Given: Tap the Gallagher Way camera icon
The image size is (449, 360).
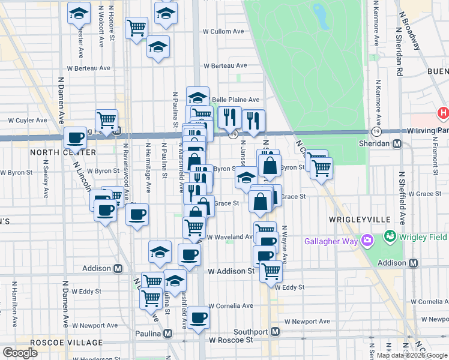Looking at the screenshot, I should pos(367,241).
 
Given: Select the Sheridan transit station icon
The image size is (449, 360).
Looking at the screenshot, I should pos(396,143).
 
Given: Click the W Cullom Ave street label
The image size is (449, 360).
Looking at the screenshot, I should pos(223,31).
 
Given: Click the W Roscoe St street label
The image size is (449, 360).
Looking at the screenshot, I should pos(232,340).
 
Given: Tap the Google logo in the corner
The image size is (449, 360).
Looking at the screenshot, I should pos(20,353).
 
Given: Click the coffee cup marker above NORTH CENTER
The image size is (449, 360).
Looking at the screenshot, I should pos(76,138).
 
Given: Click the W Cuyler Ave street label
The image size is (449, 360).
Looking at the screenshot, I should pos(27,120).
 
